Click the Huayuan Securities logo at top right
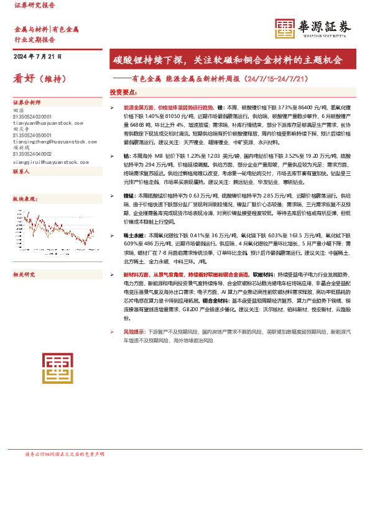pyautogui.click(x=313, y=28)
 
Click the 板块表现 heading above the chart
pyautogui.click(x=24, y=198)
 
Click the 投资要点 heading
pyautogui.click(x=123, y=91)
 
